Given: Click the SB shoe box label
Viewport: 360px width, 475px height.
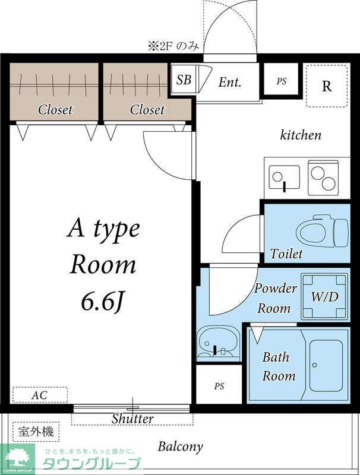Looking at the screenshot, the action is tap(184, 80).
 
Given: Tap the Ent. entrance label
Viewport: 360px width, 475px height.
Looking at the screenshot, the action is tap(230, 82).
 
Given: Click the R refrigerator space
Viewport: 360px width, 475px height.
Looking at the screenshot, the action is tap(326, 86).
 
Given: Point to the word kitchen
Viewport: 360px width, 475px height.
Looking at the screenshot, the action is tap(301, 135).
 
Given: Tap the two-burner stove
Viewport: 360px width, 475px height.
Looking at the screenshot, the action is tap(323, 178).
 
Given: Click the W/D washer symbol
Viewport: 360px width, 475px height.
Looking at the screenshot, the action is tap(324, 296).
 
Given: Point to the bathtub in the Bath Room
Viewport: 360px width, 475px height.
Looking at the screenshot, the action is tap(326, 365).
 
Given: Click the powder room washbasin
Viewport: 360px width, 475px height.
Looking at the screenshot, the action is tap(218, 341).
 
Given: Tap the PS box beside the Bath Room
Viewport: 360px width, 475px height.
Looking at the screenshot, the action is tap(219, 385).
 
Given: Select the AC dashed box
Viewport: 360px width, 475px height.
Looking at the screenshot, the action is tap(40, 395).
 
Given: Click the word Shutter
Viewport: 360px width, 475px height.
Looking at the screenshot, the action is tap(132, 419).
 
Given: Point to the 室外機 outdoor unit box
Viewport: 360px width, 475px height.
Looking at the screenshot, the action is tap(36, 432).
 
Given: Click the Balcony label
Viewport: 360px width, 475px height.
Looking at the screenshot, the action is tap(181, 447).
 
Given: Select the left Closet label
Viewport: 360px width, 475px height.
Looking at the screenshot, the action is tap(55, 109).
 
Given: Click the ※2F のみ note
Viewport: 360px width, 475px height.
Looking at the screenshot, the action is tap(173, 47).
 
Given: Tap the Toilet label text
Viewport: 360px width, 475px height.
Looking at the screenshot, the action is tap(286, 254).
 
